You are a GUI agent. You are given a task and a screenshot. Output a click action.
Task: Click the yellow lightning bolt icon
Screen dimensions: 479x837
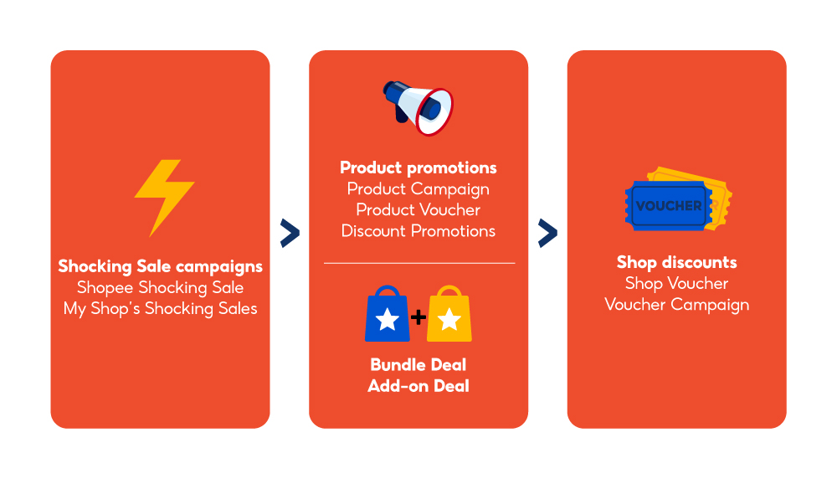(164, 197)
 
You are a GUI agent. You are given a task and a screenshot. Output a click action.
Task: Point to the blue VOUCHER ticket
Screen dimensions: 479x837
(668, 206)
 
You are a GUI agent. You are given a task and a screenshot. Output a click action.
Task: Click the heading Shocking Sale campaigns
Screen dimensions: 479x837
(160, 266)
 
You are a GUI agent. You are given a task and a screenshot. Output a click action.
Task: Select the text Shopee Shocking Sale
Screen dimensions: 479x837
(160, 287)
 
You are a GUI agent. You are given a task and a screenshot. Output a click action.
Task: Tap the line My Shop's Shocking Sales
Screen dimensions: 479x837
(160, 308)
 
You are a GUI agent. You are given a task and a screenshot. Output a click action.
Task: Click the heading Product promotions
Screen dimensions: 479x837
(418, 167)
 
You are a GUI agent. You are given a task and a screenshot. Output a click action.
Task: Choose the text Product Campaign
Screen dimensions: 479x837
(418, 188)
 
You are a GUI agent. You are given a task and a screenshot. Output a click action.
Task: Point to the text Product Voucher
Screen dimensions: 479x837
(418, 209)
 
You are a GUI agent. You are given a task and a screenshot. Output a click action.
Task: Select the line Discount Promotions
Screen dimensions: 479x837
(418, 230)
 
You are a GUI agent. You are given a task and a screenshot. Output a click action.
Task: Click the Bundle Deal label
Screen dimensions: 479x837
(418, 365)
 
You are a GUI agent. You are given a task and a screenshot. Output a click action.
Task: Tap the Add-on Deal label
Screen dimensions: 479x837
(418, 386)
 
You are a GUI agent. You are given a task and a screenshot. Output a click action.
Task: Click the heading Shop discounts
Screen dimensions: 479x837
(676, 262)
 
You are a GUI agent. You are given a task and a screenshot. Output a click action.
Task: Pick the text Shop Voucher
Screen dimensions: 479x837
(676, 283)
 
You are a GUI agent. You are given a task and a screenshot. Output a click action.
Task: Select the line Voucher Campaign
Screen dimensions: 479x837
(676, 304)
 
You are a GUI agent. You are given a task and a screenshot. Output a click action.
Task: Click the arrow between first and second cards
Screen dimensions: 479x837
(290, 234)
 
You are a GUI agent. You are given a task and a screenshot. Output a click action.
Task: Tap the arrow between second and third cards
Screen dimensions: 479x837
(547, 234)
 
